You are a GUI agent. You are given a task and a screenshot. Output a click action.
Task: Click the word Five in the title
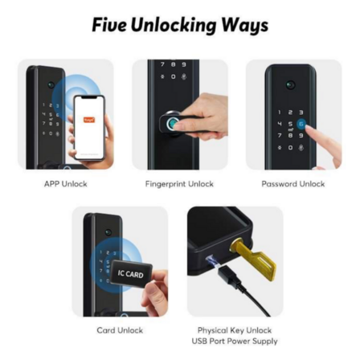click(108, 25)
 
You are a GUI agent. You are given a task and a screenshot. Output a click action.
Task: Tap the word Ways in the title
click(244, 25)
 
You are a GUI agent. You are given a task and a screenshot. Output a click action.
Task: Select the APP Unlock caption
click(65, 184)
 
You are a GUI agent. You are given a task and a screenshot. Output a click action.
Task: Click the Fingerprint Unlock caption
click(179, 184)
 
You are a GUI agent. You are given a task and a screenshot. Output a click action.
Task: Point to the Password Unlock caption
click(293, 184)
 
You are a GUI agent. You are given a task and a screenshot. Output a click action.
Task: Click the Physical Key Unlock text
click(235, 329)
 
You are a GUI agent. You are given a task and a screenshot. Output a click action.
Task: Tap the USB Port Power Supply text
click(235, 341)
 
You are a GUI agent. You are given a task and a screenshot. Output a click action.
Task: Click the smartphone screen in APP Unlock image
click(88, 126)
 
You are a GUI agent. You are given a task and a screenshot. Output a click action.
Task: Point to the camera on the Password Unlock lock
click(291, 84)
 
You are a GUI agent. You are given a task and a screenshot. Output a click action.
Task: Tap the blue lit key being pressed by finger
click(301, 125)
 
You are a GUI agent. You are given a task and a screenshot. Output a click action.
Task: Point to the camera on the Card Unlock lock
click(108, 234)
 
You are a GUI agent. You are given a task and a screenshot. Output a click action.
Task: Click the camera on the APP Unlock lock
click(51, 84)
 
